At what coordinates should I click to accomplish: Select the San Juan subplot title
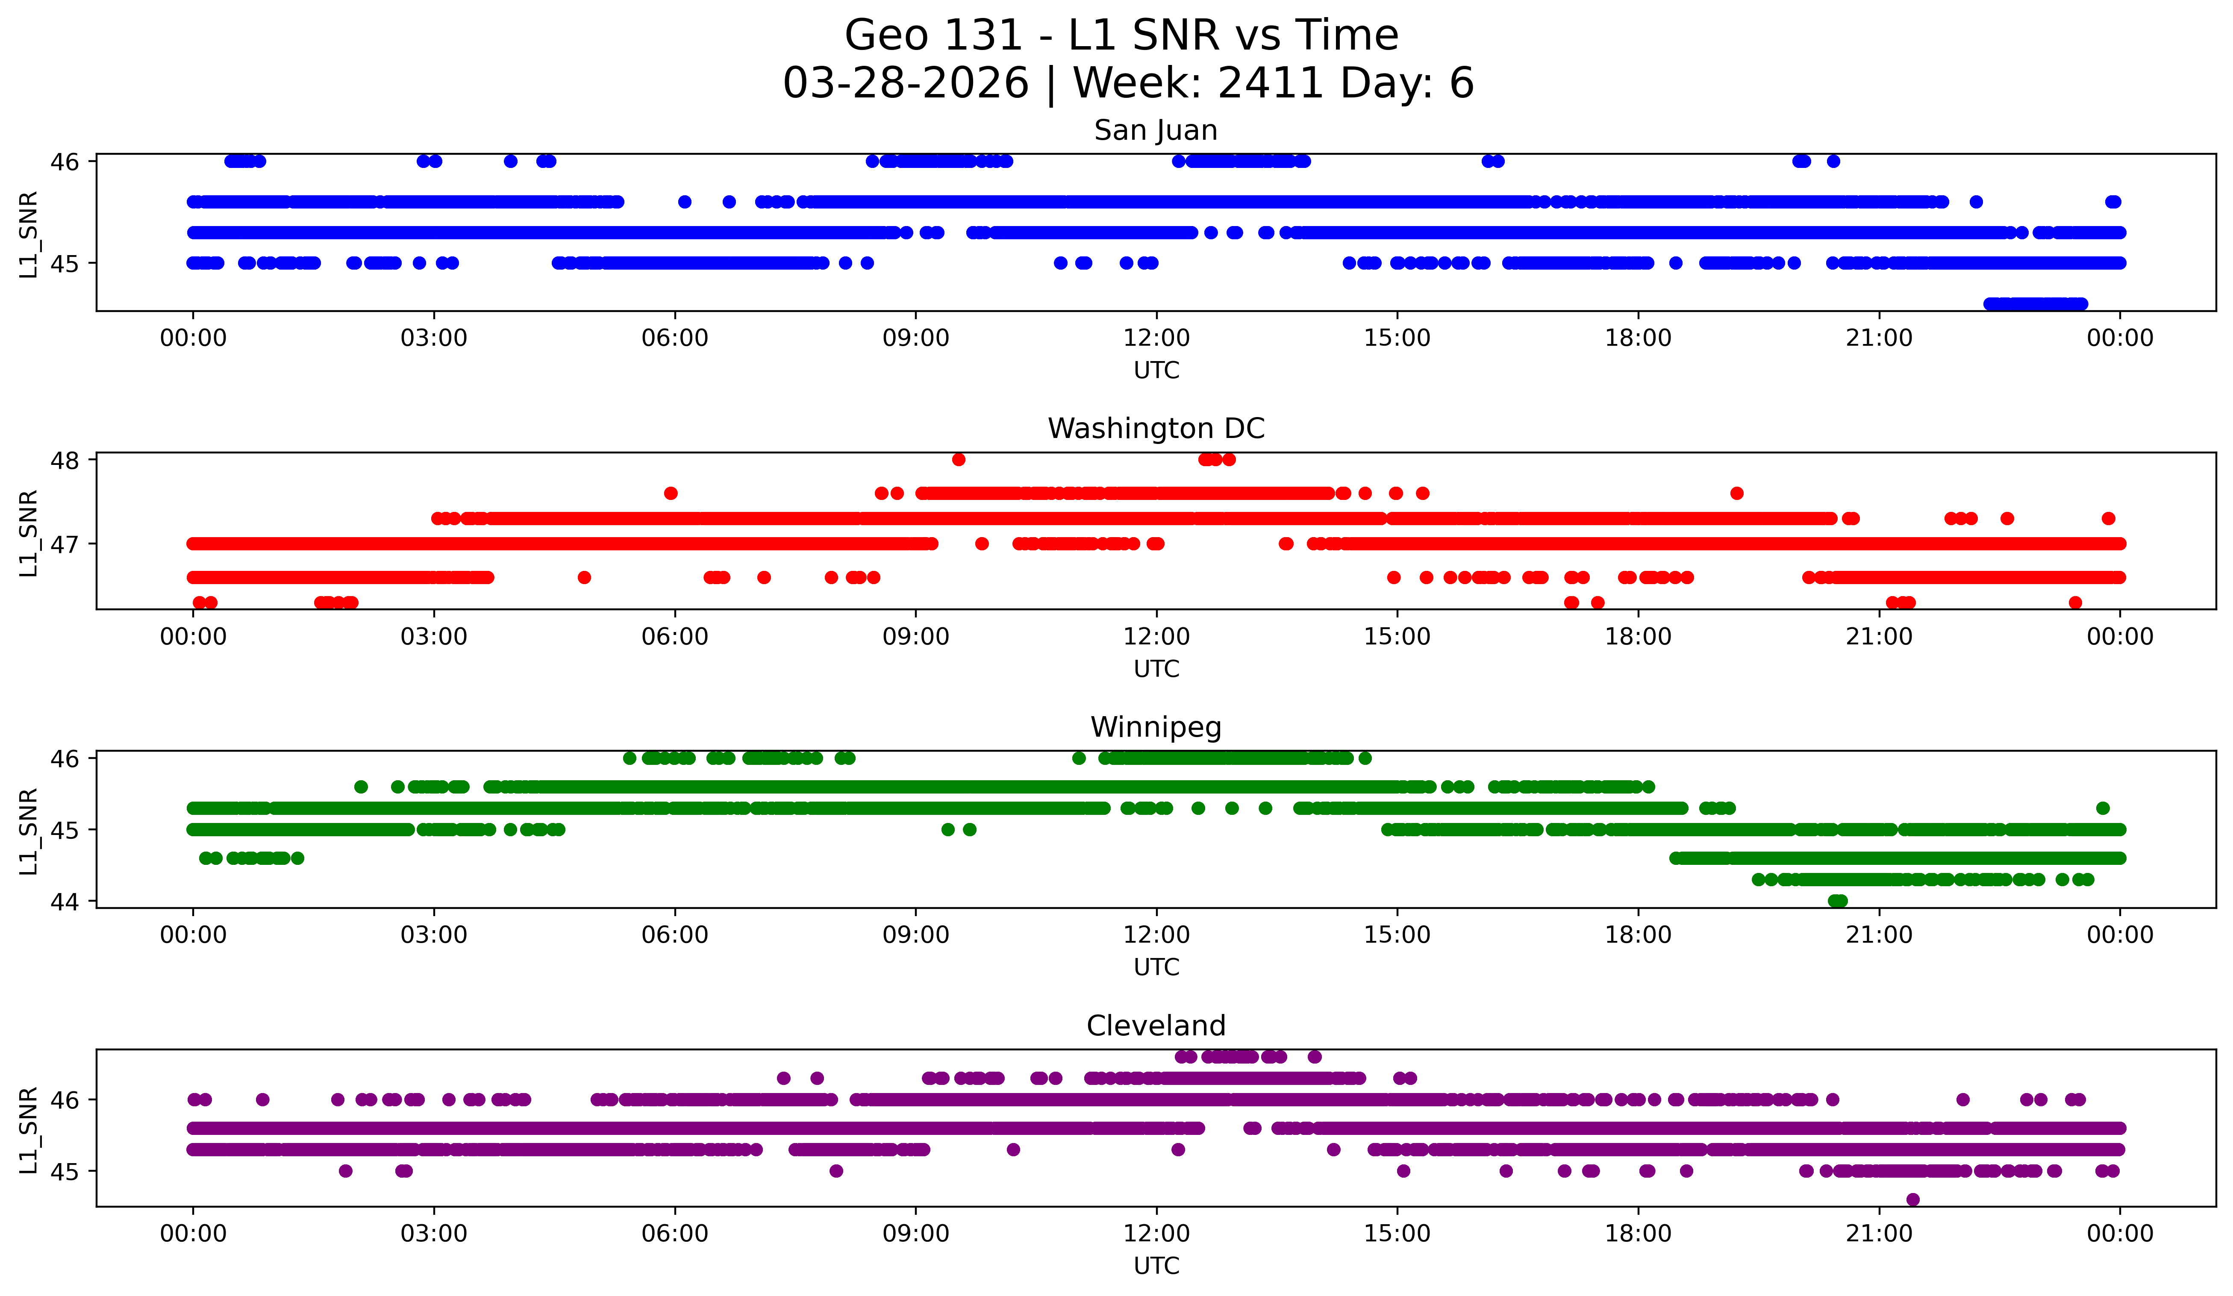[1156, 130]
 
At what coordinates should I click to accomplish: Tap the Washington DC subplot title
[1156, 429]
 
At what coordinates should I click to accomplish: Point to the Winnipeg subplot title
[1156, 727]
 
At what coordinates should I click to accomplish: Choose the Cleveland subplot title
[1156, 1026]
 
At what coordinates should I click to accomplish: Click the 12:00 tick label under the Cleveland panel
[1156, 1233]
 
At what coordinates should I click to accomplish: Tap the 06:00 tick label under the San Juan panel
[675, 338]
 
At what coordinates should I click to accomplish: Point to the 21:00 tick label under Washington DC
[1879, 636]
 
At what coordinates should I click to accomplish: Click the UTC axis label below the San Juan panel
[1156, 370]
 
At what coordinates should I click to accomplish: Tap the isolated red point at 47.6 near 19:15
[1737, 494]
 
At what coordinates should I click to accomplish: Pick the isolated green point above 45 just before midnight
[2103, 808]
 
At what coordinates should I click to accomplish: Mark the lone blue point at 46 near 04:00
[510, 161]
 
